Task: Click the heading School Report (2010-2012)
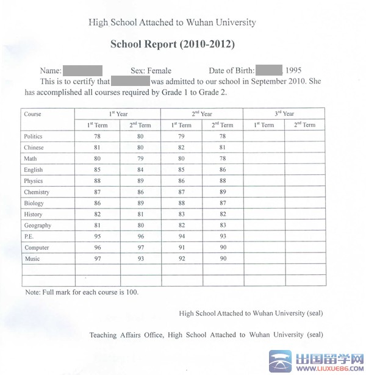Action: [x=172, y=45]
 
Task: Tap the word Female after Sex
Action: [x=159, y=71]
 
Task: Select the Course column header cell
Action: [x=33, y=114]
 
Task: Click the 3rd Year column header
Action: [x=284, y=114]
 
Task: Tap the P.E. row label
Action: [x=29, y=237]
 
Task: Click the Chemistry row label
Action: [x=36, y=192]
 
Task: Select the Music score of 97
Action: [x=97, y=259]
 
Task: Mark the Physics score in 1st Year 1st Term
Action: [x=97, y=181]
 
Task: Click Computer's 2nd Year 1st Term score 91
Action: [x=181, y=248]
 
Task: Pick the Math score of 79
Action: [x=140, y=159]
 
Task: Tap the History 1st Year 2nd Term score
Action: [x=140, y=215]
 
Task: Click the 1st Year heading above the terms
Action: [x=118, y=114]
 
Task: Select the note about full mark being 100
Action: [x=82, y=292]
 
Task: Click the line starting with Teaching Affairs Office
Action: [x=206, y=335]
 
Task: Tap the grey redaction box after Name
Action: [x=82, y=71]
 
